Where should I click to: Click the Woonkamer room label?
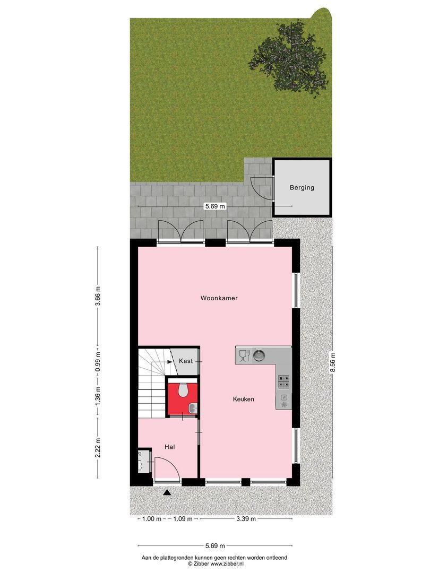click(219, 298)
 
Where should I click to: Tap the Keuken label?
click(243, 399)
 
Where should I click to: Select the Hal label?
click(169, 447)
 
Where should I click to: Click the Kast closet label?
click(185, 361)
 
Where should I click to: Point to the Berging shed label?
click(302, 187)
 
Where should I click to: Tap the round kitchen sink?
click(259, 355)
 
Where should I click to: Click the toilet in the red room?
click(183, 390)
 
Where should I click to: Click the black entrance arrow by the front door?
click(167, 493)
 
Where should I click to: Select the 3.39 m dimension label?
click(245, 519)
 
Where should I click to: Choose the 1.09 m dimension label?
click(183, 519)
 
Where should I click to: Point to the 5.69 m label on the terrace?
click(214, 206)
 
